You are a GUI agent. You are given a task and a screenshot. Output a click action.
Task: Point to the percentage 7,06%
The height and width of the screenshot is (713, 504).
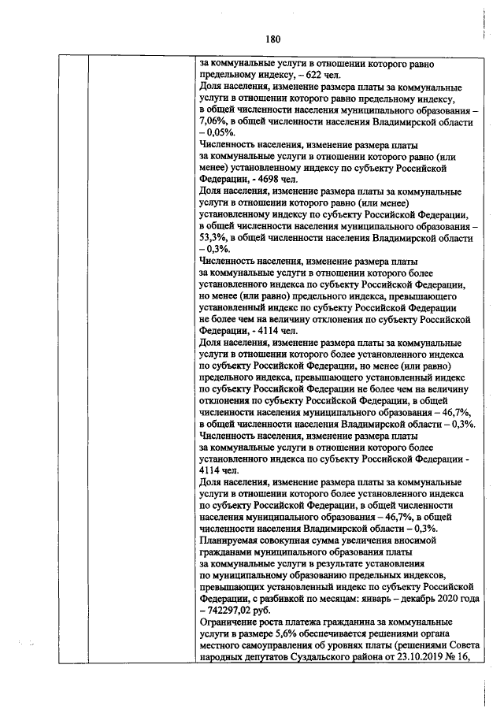(x=214, y=122)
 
